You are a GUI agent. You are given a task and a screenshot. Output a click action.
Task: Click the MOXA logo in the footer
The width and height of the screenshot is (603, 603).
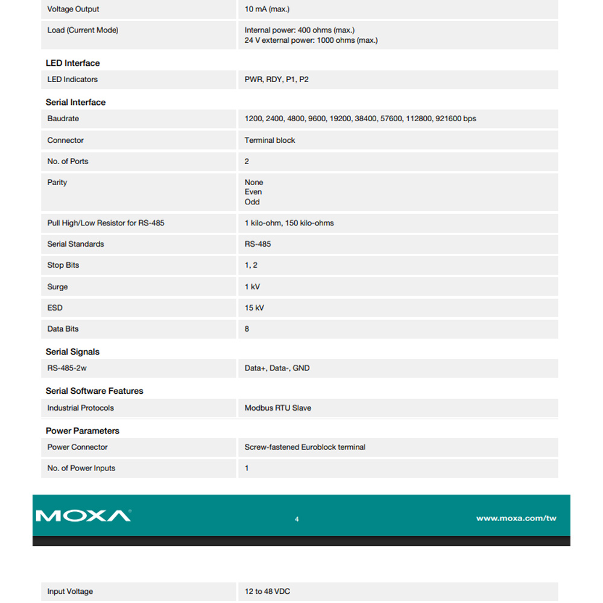coord(83,516)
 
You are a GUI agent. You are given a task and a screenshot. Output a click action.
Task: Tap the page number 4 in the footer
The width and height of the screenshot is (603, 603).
coord(297,519)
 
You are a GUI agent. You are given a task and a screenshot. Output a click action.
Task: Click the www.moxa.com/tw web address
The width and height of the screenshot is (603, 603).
coord(516,519)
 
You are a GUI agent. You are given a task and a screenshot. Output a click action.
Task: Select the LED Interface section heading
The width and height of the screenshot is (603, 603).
coord(73,63)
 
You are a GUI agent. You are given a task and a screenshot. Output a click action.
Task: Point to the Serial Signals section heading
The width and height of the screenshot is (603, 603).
coord(72,352)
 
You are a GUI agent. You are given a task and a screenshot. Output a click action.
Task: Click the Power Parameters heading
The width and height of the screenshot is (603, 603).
coord(83,431)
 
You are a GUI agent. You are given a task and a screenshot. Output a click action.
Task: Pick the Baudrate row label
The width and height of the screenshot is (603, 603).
coord(63,119)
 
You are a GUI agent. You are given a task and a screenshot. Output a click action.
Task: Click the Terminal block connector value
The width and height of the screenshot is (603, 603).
coord(270,140)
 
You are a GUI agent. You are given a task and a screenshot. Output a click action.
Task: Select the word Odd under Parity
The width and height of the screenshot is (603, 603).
coord(252,202)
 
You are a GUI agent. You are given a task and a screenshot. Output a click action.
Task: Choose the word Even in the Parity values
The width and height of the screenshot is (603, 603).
coord(253,192)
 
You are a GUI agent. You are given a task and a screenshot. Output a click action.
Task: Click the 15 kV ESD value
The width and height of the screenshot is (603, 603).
coord(254,308)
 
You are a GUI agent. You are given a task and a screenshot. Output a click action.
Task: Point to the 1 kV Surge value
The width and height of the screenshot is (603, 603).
coord(252,287)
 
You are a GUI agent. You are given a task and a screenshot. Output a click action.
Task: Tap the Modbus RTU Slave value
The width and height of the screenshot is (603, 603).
coord(278,408)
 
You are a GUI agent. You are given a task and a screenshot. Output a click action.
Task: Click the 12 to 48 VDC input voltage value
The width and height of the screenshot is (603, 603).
coord(267,592)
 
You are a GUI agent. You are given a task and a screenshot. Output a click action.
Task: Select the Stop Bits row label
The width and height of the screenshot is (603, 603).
coord(63,265)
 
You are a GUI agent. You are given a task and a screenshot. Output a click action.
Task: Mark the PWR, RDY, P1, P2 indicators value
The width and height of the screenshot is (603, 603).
coord(276,80)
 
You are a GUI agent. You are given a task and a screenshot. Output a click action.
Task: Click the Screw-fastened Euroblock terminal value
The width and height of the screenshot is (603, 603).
coord(305,447)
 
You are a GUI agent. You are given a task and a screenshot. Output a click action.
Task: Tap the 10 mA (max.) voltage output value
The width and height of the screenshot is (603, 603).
coord(267,10)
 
